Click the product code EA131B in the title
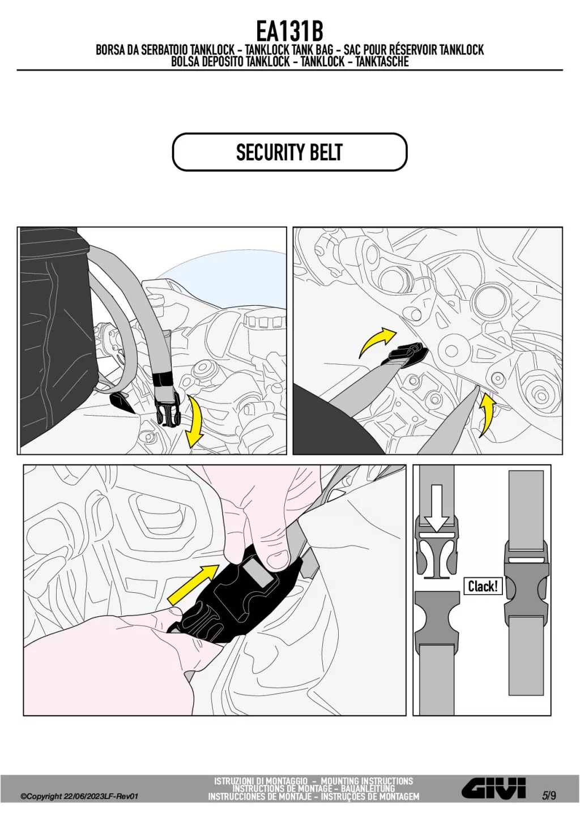pyautogui.click(x=289, y=32)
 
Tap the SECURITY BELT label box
pyautogui.click(x=289, y=152)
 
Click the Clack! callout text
pyautogui.click(x=483, y=587)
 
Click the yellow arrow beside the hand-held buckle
pyautogui.click(x=193, y=584)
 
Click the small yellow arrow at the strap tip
pyautogui.click(x=487, y=414)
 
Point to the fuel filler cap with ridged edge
pyautogui.click(x=263, y=319)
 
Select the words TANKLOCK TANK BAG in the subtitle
pyautogui.click(x=289, y=49)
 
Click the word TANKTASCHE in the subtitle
pyautogui.click(x=382, y=62)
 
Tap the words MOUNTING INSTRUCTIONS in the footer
pyautogui.click(x=367, y=781)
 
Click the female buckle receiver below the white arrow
pyautogui.click(x=437, y=616)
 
